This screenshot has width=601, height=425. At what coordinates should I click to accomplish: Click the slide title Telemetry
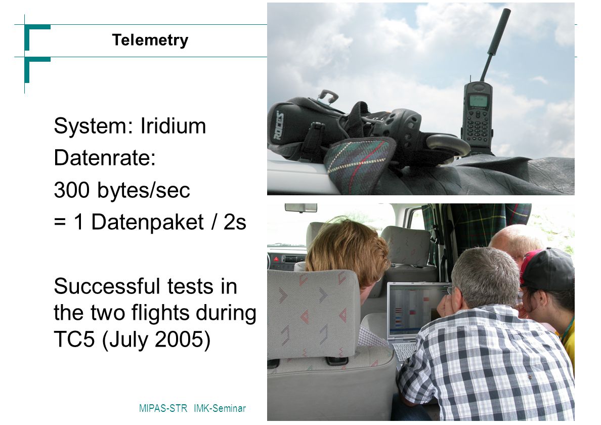pos(150,40)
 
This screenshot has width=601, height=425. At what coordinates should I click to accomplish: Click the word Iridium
pos(173,125)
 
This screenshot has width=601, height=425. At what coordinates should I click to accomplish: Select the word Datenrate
pos(102,157)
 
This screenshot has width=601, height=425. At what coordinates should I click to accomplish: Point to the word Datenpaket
pos(148,223)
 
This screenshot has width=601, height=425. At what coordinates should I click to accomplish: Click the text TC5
pos(74,339)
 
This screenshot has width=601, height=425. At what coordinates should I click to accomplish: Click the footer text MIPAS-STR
pos(163,408)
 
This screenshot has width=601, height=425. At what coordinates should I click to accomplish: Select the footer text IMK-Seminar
pos(220,408)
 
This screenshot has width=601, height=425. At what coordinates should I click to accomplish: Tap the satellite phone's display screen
pos(479,101)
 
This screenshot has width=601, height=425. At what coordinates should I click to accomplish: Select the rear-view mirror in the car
pos(301,208)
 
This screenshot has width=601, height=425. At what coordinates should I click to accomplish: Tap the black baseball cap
pos(547,268)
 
